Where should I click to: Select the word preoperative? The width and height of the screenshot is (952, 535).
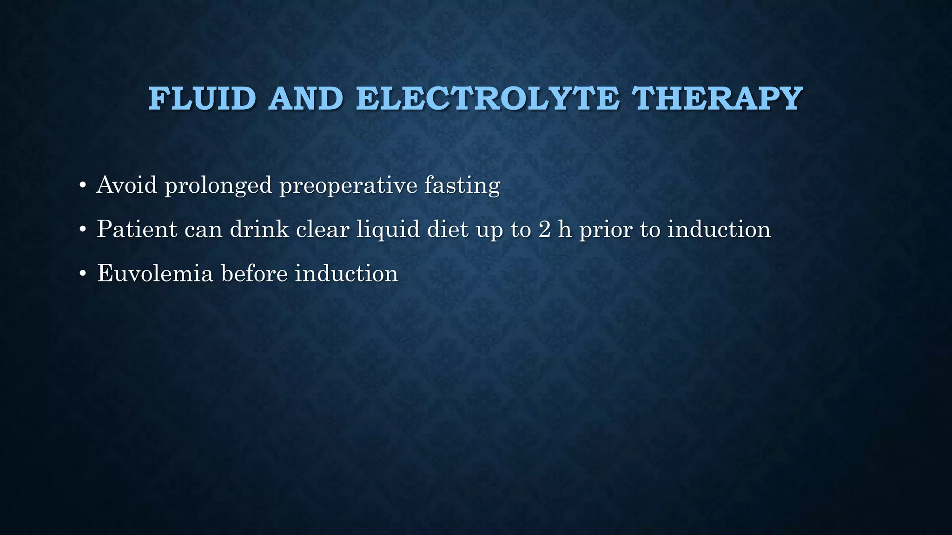[x=348, y=186]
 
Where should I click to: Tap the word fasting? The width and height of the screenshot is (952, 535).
[x=462, y=186]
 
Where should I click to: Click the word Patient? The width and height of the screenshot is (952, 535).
[x=137, y=229]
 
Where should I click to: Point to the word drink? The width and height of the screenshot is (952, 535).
[x=259, y=229]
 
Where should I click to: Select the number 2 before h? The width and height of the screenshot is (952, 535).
[x=544, y=229]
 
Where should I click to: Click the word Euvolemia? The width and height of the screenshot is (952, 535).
[x=155, y=273]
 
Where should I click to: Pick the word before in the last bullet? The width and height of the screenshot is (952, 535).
[x=254, y=273]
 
